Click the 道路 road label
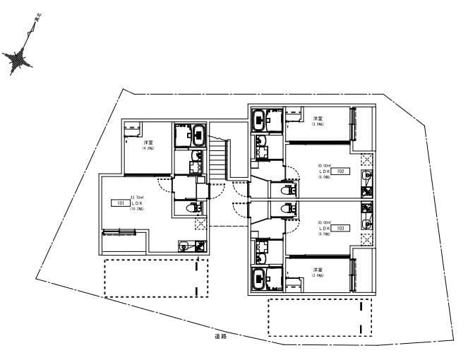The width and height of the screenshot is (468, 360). coord(220,337)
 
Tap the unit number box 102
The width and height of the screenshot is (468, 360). coord(340,171)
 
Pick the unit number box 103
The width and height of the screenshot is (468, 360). coord(340,228)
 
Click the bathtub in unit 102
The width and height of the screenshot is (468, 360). coord(266,119)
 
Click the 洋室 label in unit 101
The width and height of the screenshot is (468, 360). coord(148,143)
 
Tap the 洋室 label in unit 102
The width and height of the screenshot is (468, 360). coord(318,118)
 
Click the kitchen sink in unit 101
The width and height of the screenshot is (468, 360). coord(185,246)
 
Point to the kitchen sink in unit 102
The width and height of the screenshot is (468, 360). coord(366,175)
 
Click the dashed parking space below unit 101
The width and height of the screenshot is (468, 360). coord(157,277)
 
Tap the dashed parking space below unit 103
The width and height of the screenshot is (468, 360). coord(320,318)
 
